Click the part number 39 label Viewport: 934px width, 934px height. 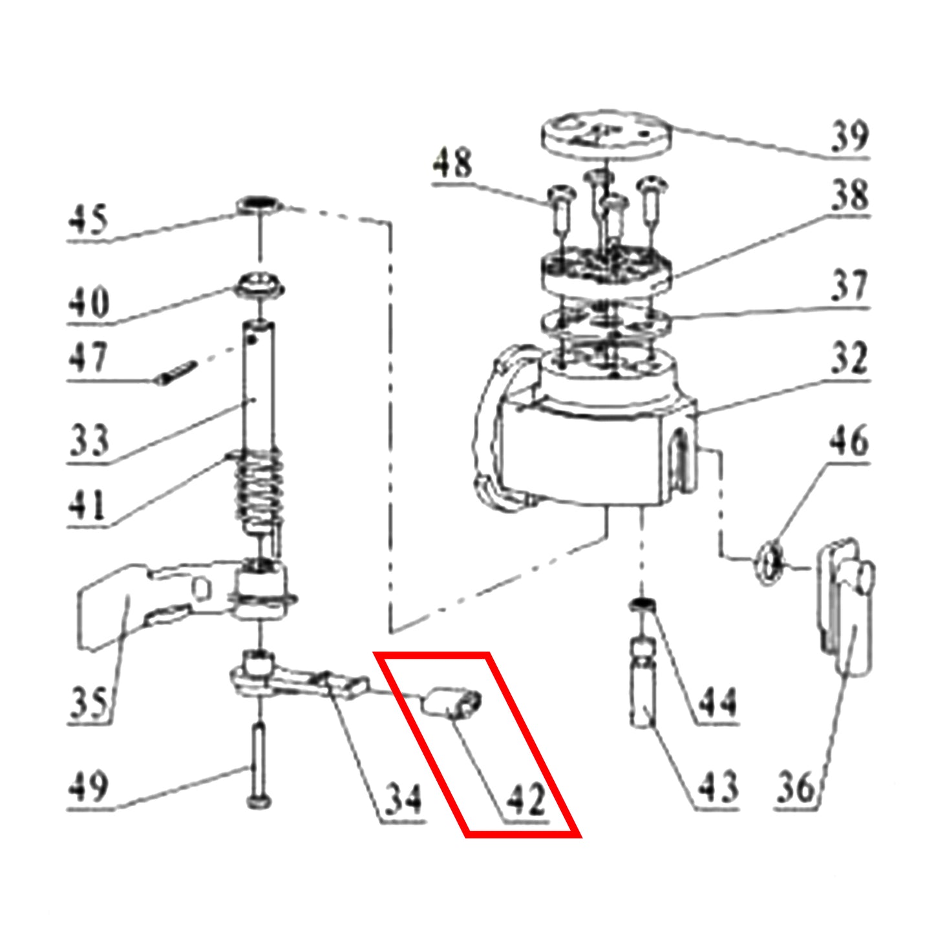point(849,136)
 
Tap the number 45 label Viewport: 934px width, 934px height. point(87,219)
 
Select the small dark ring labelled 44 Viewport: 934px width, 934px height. point(642,604)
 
